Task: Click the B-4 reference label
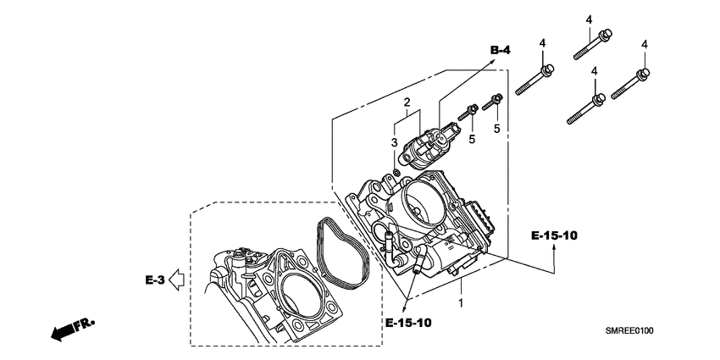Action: (x=501, y=51)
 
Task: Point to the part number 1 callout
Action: (x=460, y=302)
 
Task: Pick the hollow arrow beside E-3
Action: (x=176, y=277)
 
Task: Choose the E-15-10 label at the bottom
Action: (x=408, y=324)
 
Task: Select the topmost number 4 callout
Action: (x=586, y=18)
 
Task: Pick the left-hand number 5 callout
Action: (x=471, y=128)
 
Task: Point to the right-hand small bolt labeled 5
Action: (x=492, y=103)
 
